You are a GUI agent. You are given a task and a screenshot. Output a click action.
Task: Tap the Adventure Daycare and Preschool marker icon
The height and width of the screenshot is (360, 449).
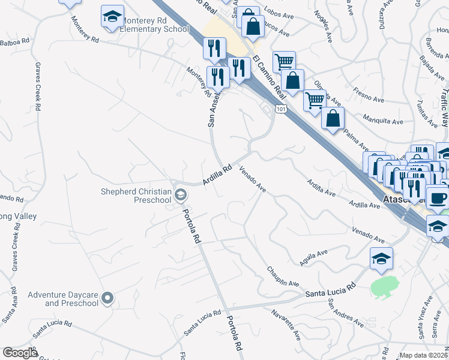108,298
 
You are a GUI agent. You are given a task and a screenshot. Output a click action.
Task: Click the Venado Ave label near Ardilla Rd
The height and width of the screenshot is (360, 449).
253,180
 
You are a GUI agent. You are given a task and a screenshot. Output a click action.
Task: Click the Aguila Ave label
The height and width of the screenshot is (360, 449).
314,258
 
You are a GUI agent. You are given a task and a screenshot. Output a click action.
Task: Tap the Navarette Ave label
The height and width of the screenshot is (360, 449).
286,322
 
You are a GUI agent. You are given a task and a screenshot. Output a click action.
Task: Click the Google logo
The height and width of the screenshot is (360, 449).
19,353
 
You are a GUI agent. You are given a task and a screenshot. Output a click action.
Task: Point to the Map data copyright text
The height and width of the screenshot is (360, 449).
424,355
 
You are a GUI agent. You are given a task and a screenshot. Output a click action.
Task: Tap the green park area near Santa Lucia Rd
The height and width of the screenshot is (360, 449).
385,287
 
